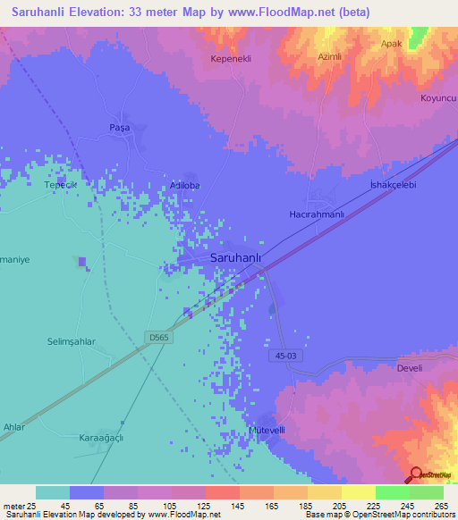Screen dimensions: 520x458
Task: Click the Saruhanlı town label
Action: pos(235,257)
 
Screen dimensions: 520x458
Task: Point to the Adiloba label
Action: pos(185,186)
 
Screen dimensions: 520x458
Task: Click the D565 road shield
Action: pos(158,337)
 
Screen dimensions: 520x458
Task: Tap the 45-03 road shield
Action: pos(281,356)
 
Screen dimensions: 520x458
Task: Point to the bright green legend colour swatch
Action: pos(392,492)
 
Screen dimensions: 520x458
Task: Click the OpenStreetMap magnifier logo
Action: pos(414,474)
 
